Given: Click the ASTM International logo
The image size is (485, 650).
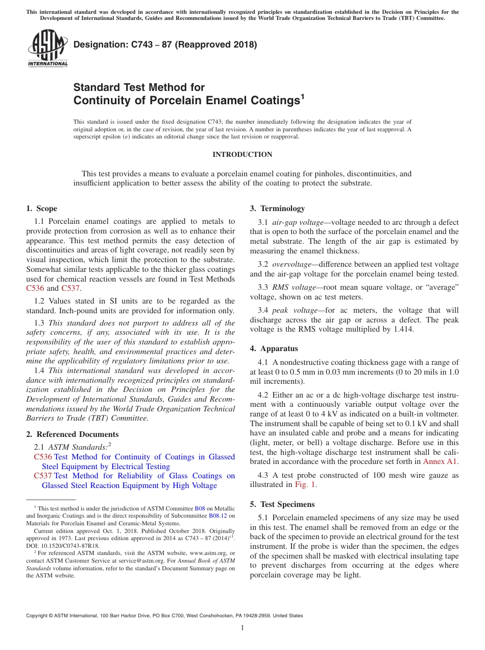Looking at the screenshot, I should pyautogui.click(x=47, y=49).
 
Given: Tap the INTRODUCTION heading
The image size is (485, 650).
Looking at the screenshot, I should pyautogui.click(x=242, y=154).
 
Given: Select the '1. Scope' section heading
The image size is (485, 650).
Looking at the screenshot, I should pyautogui.click(x=41, y=208).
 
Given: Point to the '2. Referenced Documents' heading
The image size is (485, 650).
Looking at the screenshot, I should pyautogui.click(x=72, y=434).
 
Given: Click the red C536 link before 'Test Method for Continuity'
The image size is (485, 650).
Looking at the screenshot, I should pyautogui.click(x=43, y=457).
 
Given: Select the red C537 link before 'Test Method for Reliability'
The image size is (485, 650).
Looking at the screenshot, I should pyautogui.click(x=43, y=476).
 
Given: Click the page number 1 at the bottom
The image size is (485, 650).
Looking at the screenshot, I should pyautogui.click(x=242, y=628).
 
